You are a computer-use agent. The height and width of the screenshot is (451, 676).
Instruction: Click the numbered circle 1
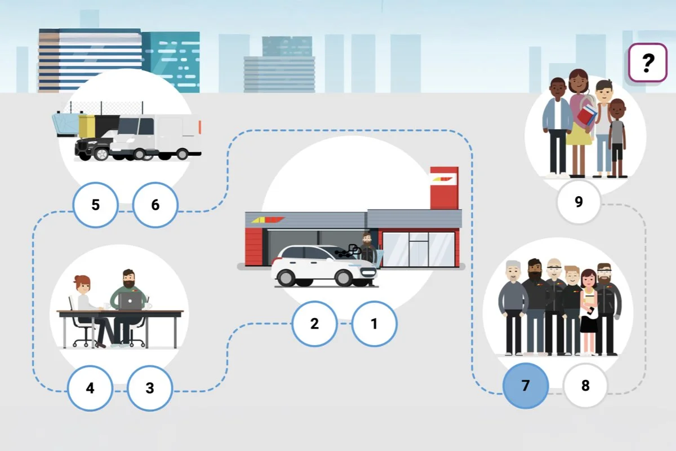tap(374, 324)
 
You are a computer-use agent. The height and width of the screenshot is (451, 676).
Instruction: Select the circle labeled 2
tap(314, 324)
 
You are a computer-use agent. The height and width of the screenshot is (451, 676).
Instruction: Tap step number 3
tap(149, 388)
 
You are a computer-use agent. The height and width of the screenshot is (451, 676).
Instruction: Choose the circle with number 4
tap(90, 388)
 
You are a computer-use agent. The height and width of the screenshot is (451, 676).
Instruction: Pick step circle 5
tap(95, 204)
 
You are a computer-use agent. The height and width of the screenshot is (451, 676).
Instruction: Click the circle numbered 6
tap(155, 204)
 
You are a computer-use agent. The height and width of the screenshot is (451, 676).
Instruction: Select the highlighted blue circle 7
tap(525, 386)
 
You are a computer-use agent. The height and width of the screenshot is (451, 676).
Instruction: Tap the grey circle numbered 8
tap(585, 386)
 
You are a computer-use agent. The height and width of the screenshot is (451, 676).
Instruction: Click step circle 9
tap(579, 202)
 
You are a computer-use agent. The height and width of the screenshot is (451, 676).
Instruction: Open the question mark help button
tap(647, 63)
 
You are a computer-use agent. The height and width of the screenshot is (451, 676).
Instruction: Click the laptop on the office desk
tap(131, 302)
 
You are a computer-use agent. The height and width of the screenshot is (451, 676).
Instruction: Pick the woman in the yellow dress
tap(579, 121)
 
